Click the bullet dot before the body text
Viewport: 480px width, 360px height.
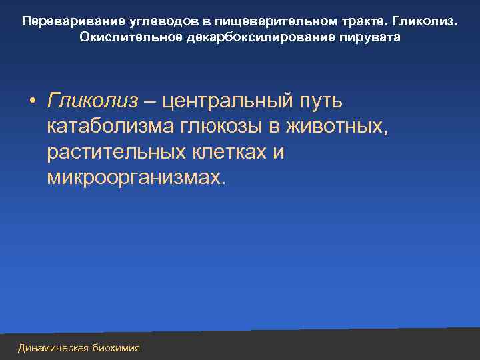point(32,102)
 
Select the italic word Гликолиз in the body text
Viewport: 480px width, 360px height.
point(93,101)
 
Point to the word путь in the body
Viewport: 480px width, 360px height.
point(320,101)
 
